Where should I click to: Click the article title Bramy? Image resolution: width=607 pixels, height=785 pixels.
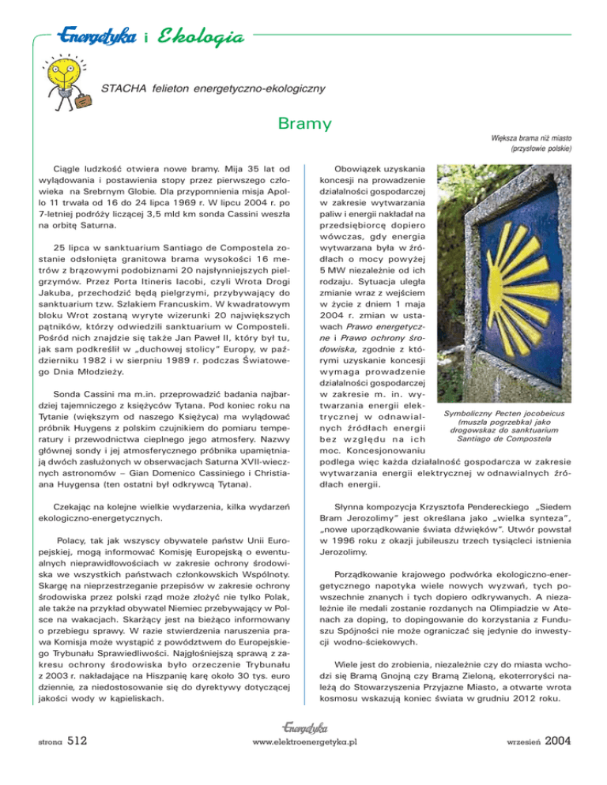[x=303, y=125]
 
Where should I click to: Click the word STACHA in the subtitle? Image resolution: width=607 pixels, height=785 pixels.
[x=121, y=88]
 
